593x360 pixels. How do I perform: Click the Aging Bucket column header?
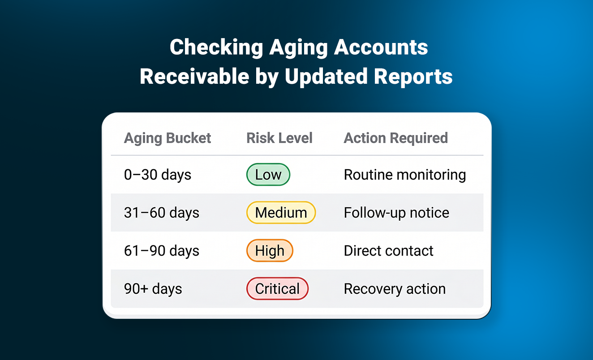pyautogui.click(x=168, y=138)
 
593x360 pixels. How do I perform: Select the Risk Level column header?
pyautogui.click(x=279, y=138)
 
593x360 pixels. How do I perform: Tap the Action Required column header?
pyautogui.click(x=396, y=138)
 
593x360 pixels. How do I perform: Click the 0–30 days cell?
pyautogui.click(x=158, y=175)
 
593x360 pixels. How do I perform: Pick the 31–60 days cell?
pyautogui.click(x=162, y=213)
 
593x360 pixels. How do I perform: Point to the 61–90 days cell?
pyautogui.click(x=162, y=251)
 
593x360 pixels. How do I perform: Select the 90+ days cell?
pyautogui.click(x=153, y=289)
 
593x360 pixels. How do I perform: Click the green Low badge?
pyautogui.click(x=268, y=175)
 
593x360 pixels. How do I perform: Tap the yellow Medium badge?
pyautogui.click(x=281, y=213)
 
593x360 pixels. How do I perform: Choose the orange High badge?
pyautogui.click(x=270, y=251)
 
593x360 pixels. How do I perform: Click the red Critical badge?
pyautogui.click(x=277, y=288)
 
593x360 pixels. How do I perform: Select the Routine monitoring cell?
pyautogui.click(x=405, y=175)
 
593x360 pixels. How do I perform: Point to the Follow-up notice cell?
pyautogui.click(x=396, y=213)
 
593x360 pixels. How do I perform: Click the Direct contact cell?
pyautogui.click(x=388, y=251)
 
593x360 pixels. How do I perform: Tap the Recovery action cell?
pyautogui.click(x=395, y=289)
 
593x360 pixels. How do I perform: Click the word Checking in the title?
pyautogui.click(x=216, y=47)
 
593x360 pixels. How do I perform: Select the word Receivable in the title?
pyautogui.click(x=194, y=77)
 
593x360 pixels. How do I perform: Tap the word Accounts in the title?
pyautogui.click(x=381, y=47)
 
